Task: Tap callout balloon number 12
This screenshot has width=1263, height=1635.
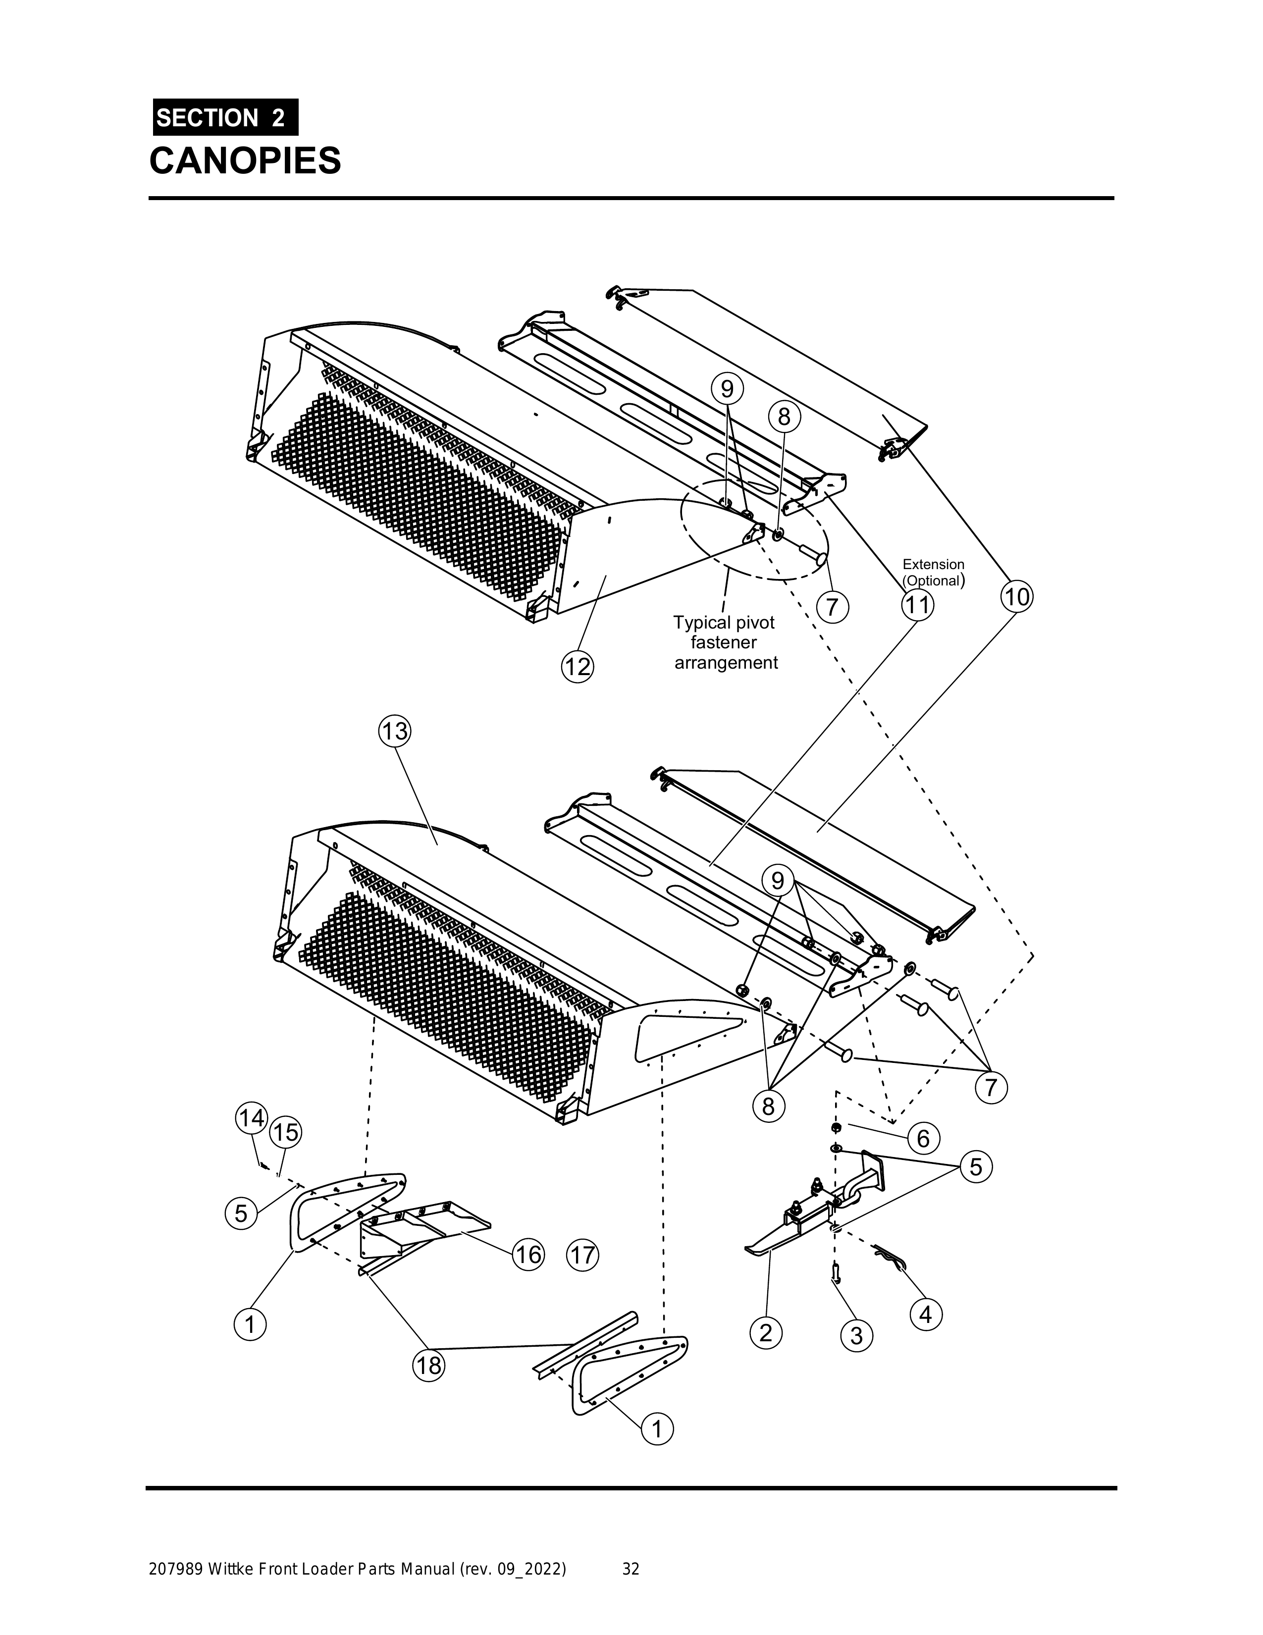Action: (577, 666)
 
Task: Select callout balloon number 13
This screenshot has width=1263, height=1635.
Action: (395, 730)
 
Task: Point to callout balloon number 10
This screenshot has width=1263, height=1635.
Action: (1016, 597)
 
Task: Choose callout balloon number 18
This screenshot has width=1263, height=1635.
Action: (429, 1366)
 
